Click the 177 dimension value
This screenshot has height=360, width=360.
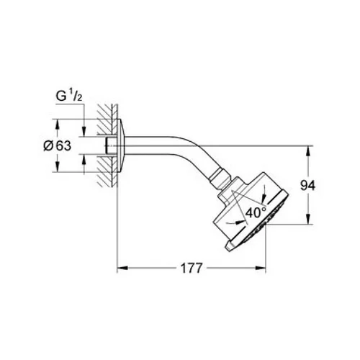click(192, 268)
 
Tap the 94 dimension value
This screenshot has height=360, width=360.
click(308, 186)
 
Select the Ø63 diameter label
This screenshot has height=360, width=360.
click(58, 145)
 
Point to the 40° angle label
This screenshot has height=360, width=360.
click(256, 212)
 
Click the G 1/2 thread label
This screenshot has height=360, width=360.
click(69, 96)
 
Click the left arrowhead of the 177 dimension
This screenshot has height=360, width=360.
click(122, 268)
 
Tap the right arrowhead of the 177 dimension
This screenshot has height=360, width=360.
click(261, 268)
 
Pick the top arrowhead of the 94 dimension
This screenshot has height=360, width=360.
click(308, 151)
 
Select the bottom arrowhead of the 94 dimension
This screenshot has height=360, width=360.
click(308, 219)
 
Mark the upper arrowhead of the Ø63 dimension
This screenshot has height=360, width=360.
click(57, 125)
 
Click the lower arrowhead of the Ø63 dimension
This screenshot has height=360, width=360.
click(57, 166)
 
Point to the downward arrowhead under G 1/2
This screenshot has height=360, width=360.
click(84, 131)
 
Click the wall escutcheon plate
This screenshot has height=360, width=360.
click(121, 145)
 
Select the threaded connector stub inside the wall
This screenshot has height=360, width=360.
click(111, 145)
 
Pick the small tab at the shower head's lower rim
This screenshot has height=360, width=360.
click(230, 247)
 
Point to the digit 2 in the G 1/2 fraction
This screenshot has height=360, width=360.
click(80, 98)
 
